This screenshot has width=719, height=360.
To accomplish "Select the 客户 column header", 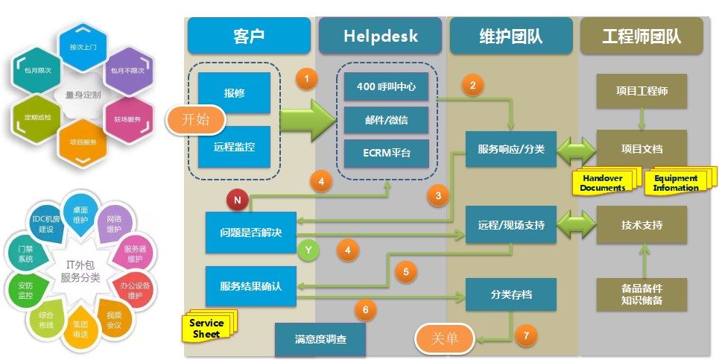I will [x=248, y=35].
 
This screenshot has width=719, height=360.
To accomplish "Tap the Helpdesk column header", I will [x=380, y=35].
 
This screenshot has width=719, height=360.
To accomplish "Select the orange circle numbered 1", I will [x=306, y=78].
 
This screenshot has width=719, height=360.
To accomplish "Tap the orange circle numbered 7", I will [x=527, y=335].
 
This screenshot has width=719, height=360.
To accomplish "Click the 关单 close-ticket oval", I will [x=446, y=338].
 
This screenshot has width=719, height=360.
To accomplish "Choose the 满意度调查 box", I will [x=320, y=340].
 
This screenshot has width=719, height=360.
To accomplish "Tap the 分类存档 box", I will [x=511, y=295].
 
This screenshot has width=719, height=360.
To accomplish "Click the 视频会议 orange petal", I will [x=113, y=320].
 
